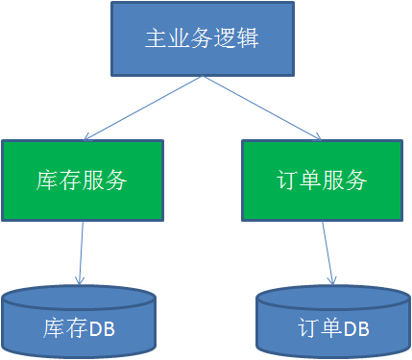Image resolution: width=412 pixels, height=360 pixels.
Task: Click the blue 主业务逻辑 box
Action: pyautogui.click(x=202, y=38)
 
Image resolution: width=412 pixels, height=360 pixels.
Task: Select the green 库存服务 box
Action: pyautogui.click(x=82, y=180)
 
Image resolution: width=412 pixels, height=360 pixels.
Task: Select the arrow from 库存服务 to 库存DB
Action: pyautogui.click(x=80, y=252)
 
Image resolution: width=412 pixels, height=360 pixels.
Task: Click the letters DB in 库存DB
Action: pyautogui.click(x=102, y=328)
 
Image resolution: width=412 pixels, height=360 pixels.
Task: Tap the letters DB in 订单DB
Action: pyautogui.click(x=355, y=328)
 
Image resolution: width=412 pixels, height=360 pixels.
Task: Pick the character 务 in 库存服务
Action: pyautogui.click(x=116, y=180)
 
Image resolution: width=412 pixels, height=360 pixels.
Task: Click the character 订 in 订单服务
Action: pyautogui.click(x=285, y=180)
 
